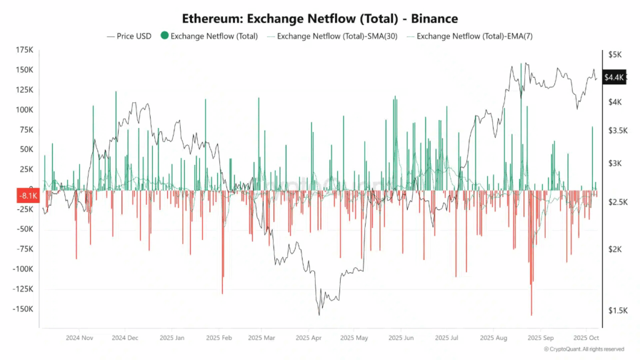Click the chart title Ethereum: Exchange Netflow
click(x=319, y=18)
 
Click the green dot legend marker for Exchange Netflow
click(x=164, y=36)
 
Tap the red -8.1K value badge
click(x=27, y=195)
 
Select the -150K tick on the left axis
click(x=24, y=309)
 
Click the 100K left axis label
click(x=25, y=110)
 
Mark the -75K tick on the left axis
click(x=25, y=249)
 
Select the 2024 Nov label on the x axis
click(x=79, y=337)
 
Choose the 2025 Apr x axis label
click(x=309, y=337)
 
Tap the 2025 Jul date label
click(x=447, y=337)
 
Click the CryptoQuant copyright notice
click(x=584, y=349)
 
